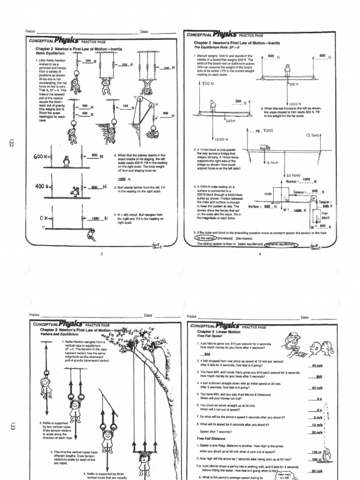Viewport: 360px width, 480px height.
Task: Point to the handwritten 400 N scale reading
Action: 41,187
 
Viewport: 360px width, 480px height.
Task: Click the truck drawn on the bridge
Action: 265,147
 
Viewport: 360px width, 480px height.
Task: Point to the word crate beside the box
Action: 268,193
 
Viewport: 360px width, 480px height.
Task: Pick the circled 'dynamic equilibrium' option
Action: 281,244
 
